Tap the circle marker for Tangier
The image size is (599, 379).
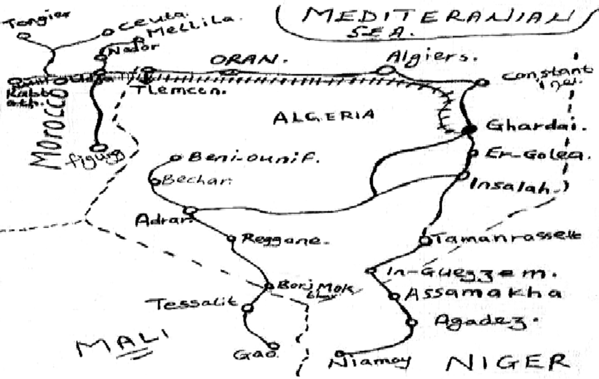tap(23, 36)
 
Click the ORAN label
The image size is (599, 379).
tap(246, 60)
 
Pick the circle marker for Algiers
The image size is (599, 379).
tap(386, 71)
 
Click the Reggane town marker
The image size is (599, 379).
tap(231, 237)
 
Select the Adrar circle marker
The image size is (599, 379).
tap(190, 210)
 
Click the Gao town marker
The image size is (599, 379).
tap(275, 346)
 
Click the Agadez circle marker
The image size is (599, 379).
tap(411, 322)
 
